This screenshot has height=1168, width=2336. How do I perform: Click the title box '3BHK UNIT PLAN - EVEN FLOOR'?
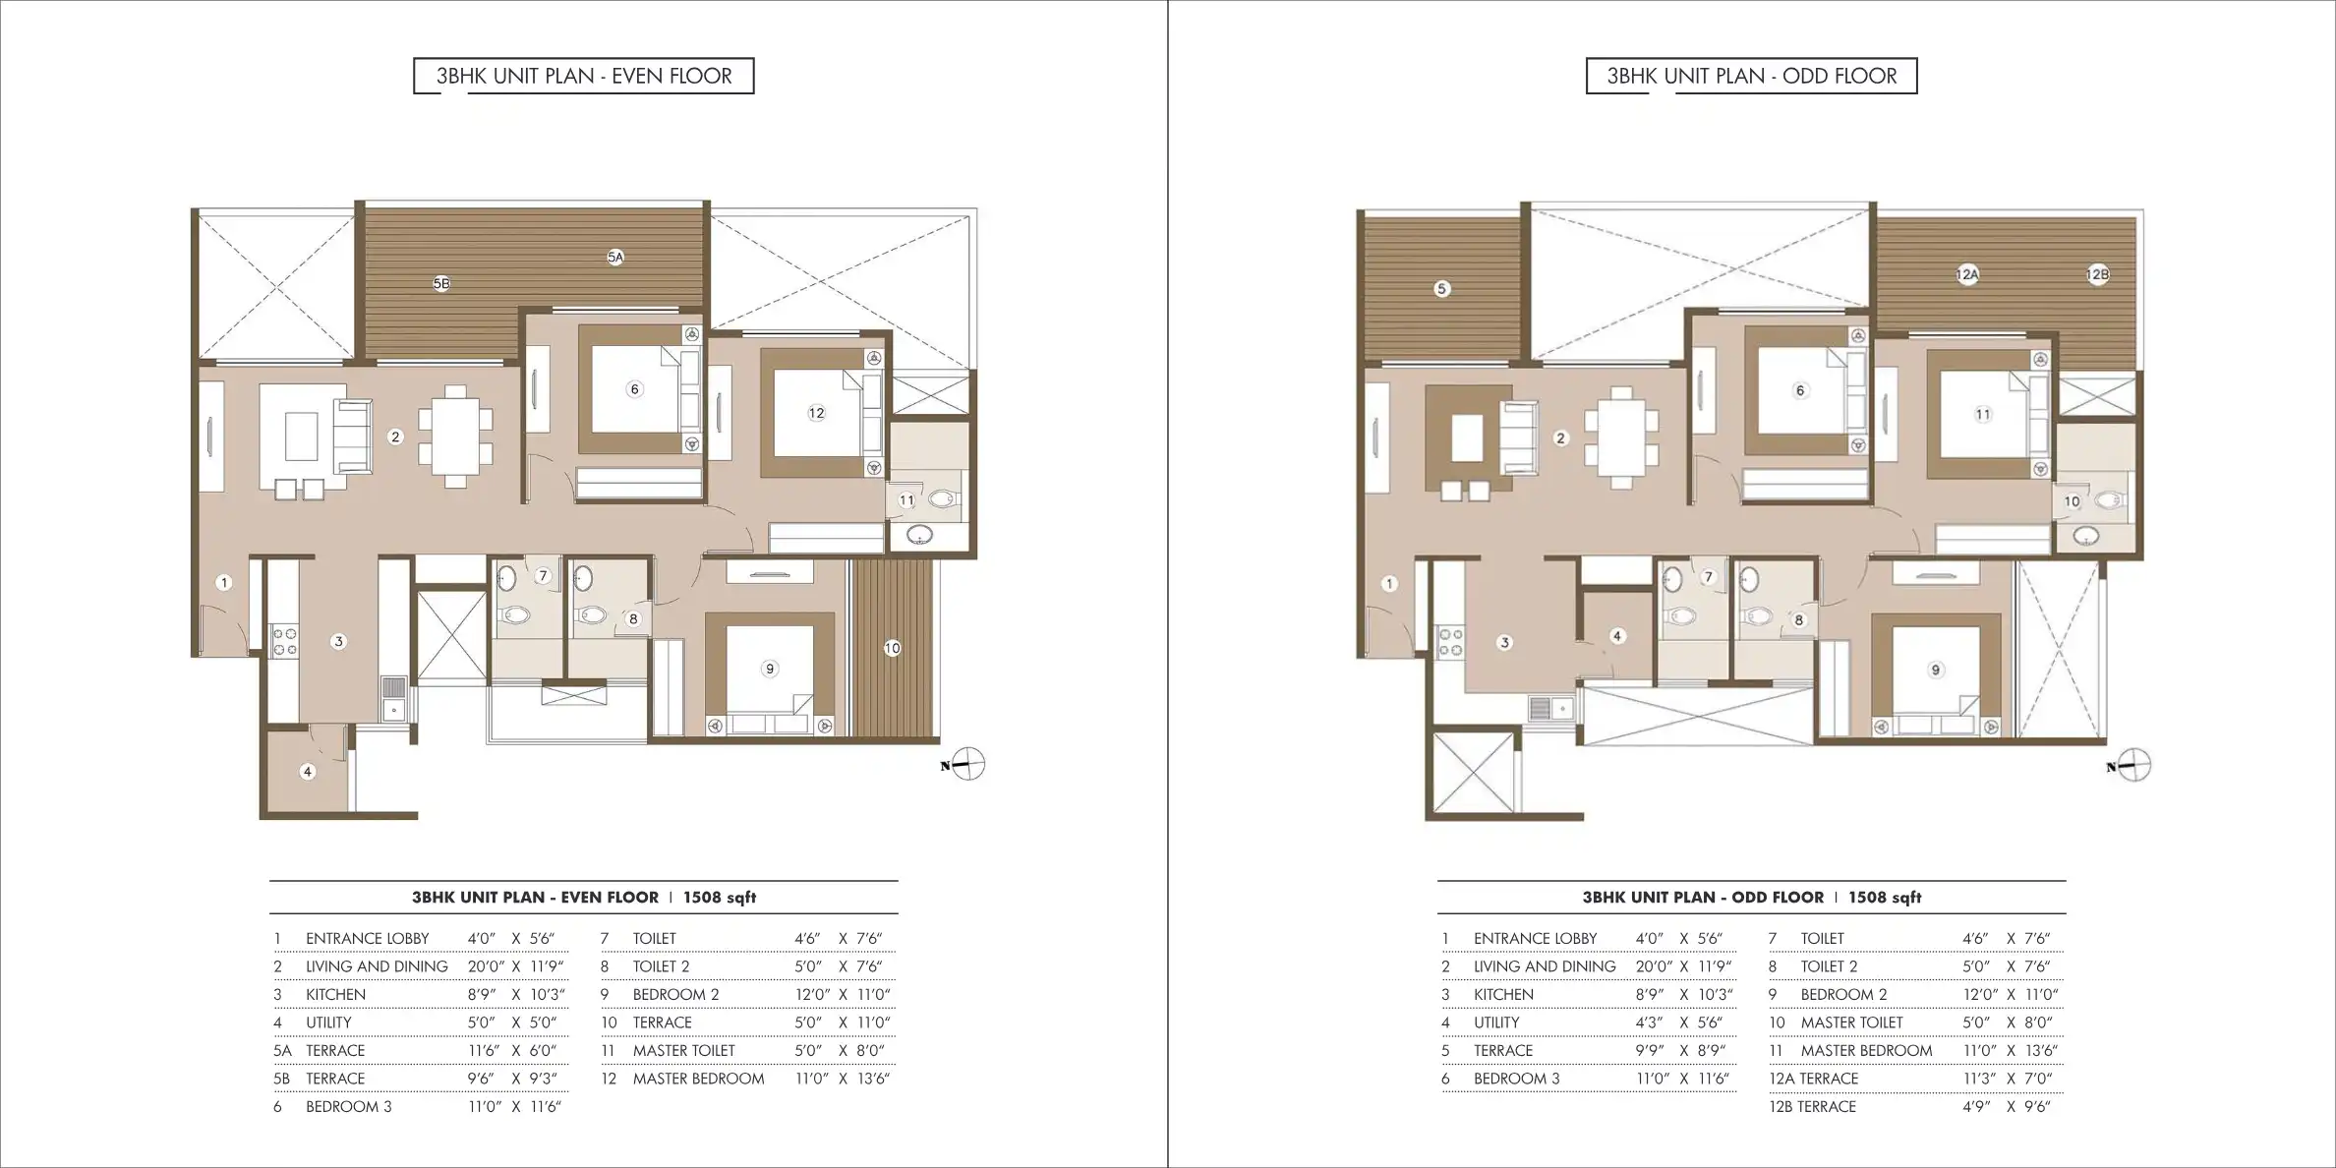(x=584, y=76)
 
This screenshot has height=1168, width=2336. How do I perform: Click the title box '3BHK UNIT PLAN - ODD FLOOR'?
(x=1751, y=76)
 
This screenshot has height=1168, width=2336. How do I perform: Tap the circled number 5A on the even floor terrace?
(x=615, y=258)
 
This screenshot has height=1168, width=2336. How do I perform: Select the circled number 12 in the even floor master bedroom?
(x=816, y=413)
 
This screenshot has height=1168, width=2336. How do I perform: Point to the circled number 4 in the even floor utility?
(x=308, y=772)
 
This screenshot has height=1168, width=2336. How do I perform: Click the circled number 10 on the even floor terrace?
(x=892, y=648)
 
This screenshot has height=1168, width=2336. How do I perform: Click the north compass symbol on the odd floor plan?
(x=2131, y=766)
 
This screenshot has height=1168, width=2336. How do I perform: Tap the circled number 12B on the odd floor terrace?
(x=2097, y=275)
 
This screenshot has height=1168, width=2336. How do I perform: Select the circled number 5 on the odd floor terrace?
(x=1441, y=289)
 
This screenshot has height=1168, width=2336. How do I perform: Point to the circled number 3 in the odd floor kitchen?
(x=1504, y=643)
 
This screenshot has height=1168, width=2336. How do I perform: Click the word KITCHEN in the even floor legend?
(x=335, y=994)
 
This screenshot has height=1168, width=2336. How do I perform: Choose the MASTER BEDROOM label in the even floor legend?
(x=698, y=1079)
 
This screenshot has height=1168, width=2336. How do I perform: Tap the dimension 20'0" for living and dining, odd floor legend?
(x=1654, y=966)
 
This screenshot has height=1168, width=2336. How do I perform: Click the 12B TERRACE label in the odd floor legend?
(x=1813, y=1106)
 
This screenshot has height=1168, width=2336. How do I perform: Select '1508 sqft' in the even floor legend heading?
(x=720, y=897)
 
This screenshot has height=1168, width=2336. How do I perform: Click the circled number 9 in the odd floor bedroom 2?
(x=1935, y=671)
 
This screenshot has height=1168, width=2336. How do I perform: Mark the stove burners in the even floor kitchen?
(x=285, y=642)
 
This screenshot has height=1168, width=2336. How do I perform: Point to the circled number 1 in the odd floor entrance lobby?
(x=1389, y=584)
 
